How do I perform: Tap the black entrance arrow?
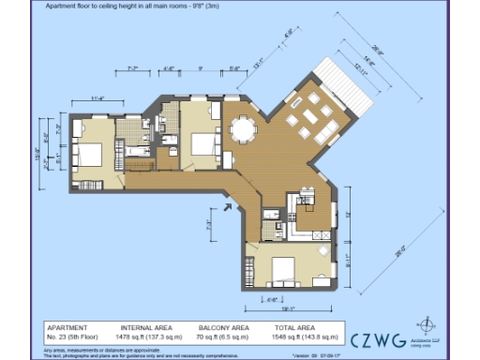click(x=226, y=207)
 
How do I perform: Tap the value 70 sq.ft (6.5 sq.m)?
click(x=222, y=334)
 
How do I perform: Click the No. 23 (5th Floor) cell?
click(x=74, y=334)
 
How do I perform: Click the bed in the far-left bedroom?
click(x=88, y=152)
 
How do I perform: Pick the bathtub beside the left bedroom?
click(x=137, y=150)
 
